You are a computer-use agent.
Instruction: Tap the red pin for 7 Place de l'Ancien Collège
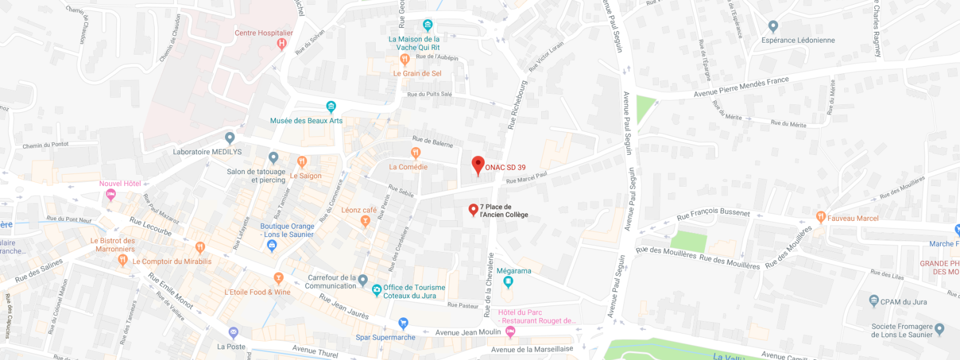(x=473, y=209)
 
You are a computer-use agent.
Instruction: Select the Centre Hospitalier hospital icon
(x=281, y=43)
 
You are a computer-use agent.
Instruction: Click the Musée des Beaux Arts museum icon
(x=331, y=107)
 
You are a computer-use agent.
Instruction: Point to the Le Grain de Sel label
(x=417, y=74)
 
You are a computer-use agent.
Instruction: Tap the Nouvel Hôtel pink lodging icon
(x=110, y=194)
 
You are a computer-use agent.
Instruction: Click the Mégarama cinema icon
(x=508, y=281)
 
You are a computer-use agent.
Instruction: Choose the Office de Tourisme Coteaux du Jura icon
(x=377, y=290)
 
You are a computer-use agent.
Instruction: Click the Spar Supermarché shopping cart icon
(x=403, y=323)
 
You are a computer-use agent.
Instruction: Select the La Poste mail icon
(x=233, y=332)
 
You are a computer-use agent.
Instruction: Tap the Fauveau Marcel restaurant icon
(x=821, y=217)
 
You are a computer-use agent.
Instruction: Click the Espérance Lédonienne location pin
(x=773, y=26)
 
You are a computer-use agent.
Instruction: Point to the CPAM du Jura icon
(x=874, y=300)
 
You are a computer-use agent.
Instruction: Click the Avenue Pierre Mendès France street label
(x=741, y=87)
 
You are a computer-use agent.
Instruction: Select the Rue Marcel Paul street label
(x=526, y=178)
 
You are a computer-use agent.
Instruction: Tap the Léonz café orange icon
(x=365, y=221)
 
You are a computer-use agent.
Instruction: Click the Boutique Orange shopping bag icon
(x=272, y=245)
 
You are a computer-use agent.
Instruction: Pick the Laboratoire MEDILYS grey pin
(x=229, y=138)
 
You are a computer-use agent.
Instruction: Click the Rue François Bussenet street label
(x=713, y=214)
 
